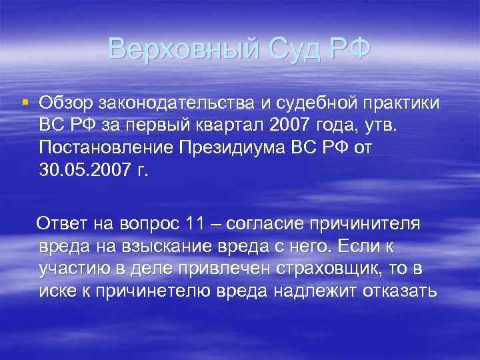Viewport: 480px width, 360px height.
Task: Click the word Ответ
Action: tap(62, 224)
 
